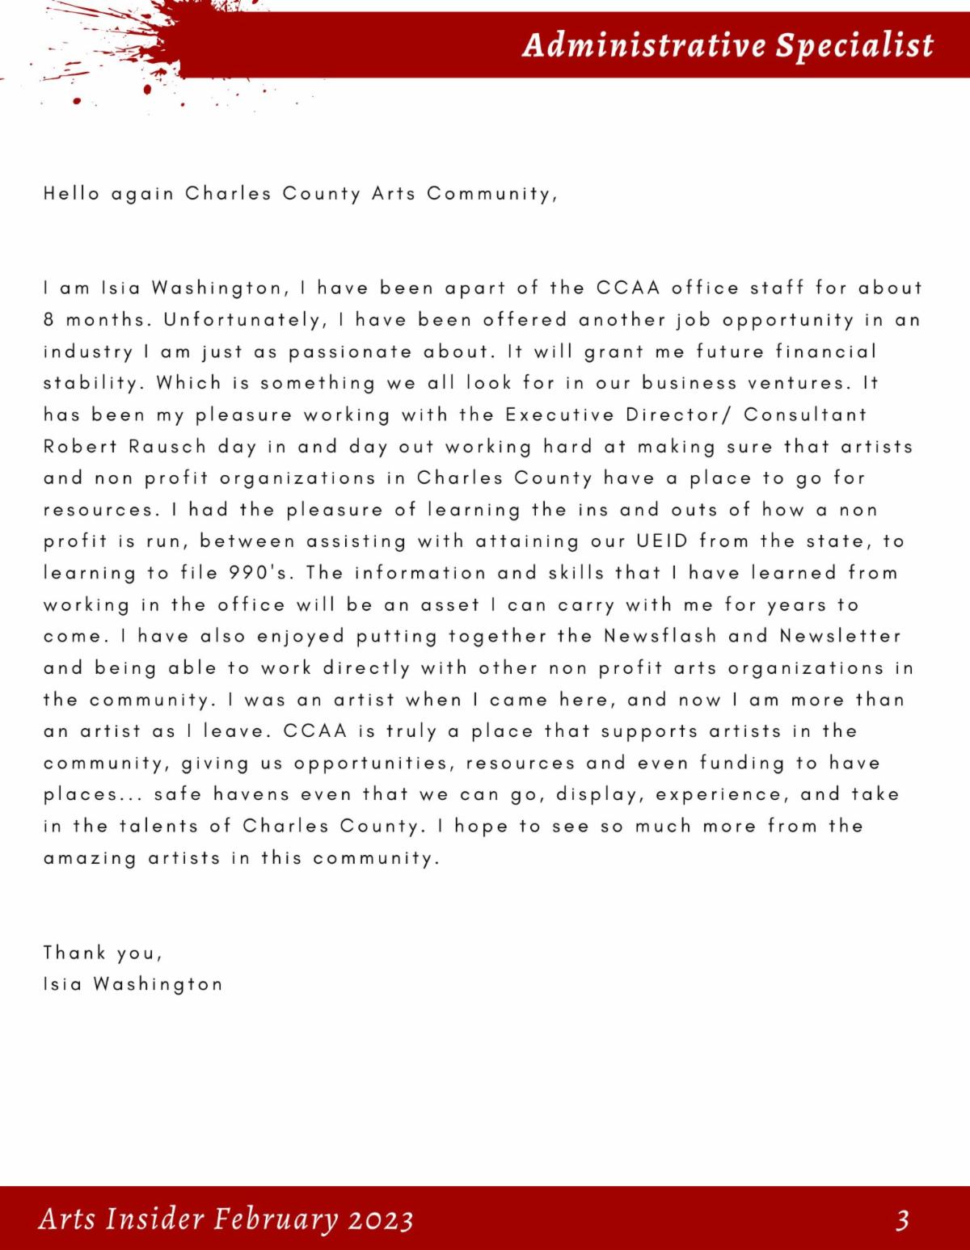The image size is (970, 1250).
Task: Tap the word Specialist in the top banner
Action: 854,45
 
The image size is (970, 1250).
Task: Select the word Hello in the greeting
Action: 72,194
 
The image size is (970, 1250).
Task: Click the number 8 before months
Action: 48,320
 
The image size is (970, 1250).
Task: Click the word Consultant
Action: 805,415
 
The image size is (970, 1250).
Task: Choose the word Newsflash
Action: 660,637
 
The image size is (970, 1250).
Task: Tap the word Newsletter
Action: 841,637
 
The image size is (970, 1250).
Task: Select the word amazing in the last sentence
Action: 90,859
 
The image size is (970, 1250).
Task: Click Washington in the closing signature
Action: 158,985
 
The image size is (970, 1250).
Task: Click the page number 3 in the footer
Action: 902,1219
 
